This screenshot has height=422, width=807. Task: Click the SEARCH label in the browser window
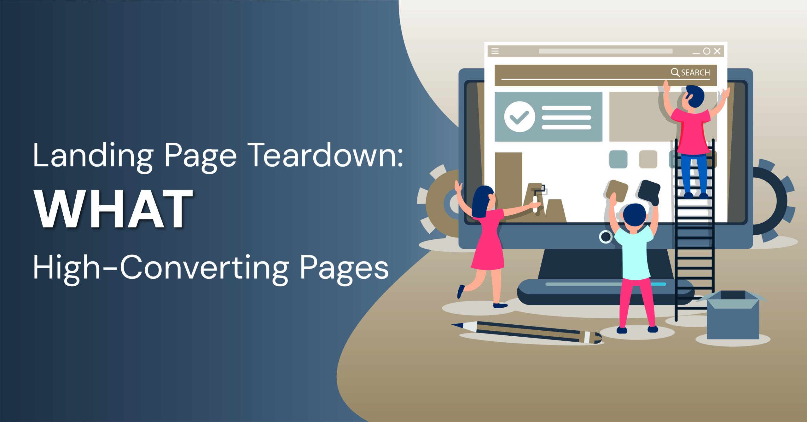[695, 73]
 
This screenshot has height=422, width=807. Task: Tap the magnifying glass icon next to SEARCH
[675, 72]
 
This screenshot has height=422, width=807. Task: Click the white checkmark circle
[520, 117]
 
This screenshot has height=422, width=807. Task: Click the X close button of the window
[717, 51]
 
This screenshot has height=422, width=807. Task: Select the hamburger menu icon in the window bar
[495, 51]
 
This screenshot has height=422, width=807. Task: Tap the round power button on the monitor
[606, 237]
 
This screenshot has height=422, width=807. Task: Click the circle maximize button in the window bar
[707, 51]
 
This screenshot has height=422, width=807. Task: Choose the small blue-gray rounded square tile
[618, 159]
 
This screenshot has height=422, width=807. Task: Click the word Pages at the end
[344, 270]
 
